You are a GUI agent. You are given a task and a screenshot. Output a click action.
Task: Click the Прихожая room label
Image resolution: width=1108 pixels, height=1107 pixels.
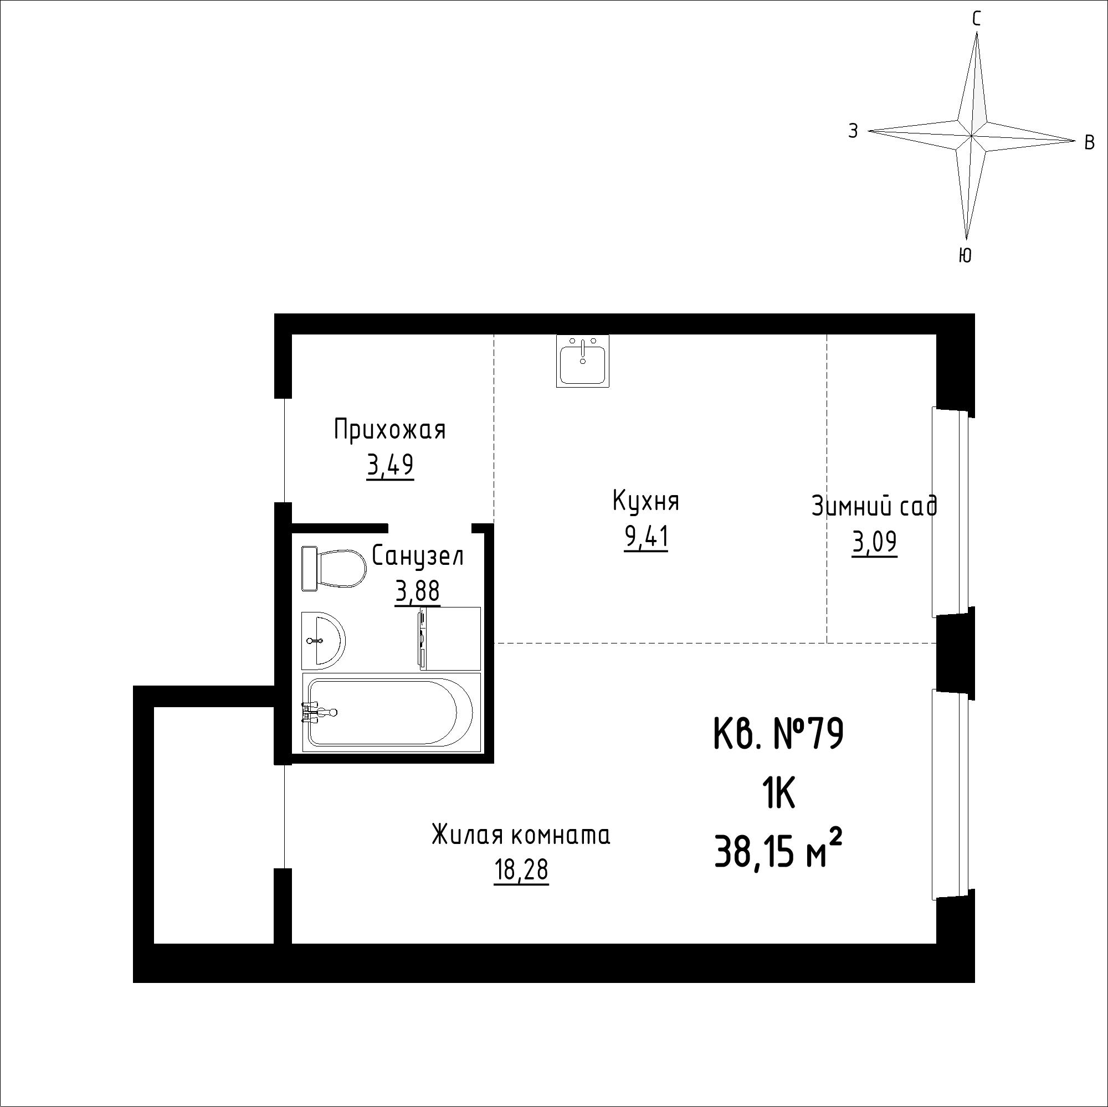point(390,430)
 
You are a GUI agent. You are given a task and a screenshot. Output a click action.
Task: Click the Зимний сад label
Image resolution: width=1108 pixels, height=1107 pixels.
point(875,507)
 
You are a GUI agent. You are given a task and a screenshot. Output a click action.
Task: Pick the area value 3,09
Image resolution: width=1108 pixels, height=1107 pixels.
point(875,542)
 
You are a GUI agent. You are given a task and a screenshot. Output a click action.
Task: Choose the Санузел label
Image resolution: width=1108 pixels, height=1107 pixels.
point(418,555)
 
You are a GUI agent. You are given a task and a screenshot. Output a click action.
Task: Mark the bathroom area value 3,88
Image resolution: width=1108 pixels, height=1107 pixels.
point(418,591)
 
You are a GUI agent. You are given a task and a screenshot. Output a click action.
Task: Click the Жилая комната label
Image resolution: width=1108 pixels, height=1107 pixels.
point(521,835)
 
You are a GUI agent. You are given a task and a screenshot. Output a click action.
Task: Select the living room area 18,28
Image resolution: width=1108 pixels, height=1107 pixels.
point(521,870)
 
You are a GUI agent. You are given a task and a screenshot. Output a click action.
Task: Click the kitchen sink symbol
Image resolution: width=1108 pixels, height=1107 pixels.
point(583,361)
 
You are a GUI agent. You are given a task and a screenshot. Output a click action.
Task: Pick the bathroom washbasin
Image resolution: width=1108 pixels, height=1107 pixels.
point(324,640)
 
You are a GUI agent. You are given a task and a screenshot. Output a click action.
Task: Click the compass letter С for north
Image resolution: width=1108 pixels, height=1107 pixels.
point(976,19)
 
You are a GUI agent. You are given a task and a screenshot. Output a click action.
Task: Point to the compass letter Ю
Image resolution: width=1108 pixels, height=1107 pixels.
point(965,255)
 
